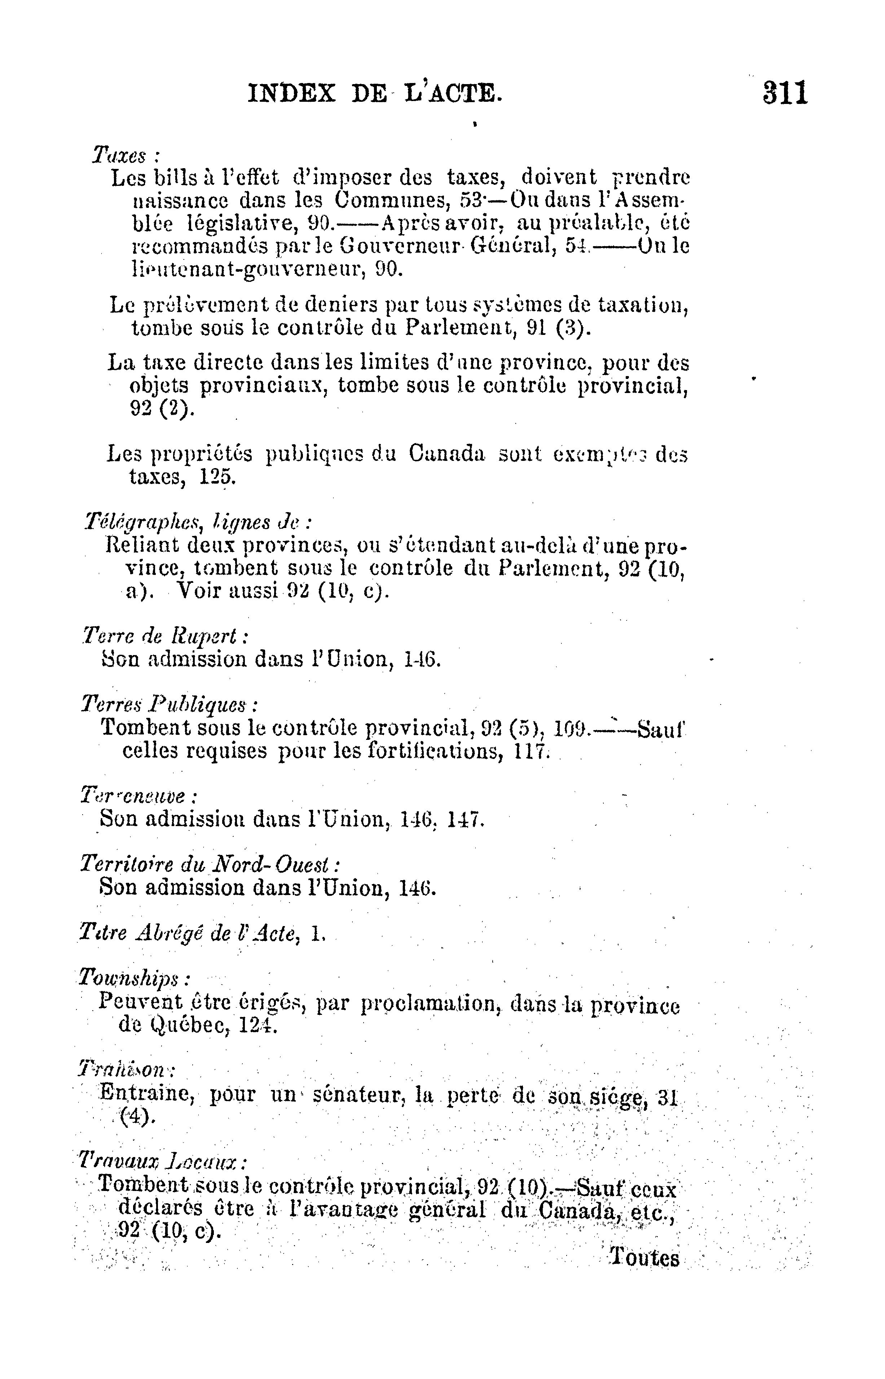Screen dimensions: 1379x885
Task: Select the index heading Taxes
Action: (x=119, y=155)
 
